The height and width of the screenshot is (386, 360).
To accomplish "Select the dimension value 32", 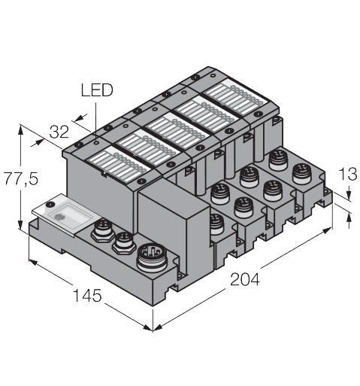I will (59, 132).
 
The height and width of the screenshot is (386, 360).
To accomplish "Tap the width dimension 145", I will (88, 296).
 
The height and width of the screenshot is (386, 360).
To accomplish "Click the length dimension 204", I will (244, 280).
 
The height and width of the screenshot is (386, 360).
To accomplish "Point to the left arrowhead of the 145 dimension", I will (31, 262).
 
